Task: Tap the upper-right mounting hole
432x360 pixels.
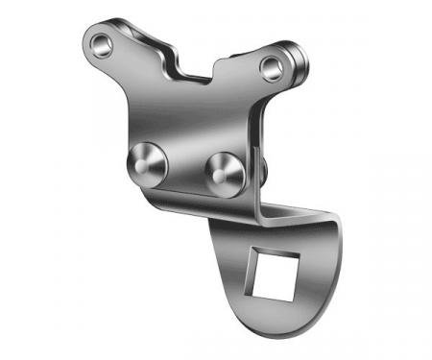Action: tap(272, 66)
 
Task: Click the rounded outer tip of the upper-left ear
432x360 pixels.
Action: tap(84, 38)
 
